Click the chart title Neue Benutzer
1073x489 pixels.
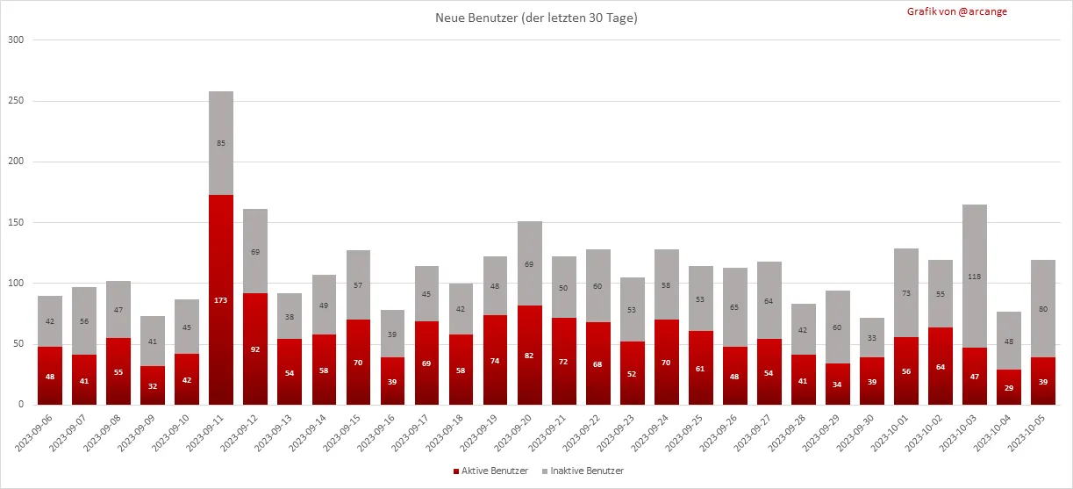(536, 18)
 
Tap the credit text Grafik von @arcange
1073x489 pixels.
(956, 12)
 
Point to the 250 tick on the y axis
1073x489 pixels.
(16, 101)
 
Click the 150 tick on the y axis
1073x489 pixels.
(16, 223)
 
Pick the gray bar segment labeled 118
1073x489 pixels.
(975, 277)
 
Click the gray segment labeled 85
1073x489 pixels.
(221, 143)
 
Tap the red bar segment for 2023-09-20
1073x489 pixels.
(530, 355)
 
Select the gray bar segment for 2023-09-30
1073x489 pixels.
(837, 337)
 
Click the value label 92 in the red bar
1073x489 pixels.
(255, 349)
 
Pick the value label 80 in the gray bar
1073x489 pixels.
(1043, 308)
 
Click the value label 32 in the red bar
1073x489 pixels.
(153, 385)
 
